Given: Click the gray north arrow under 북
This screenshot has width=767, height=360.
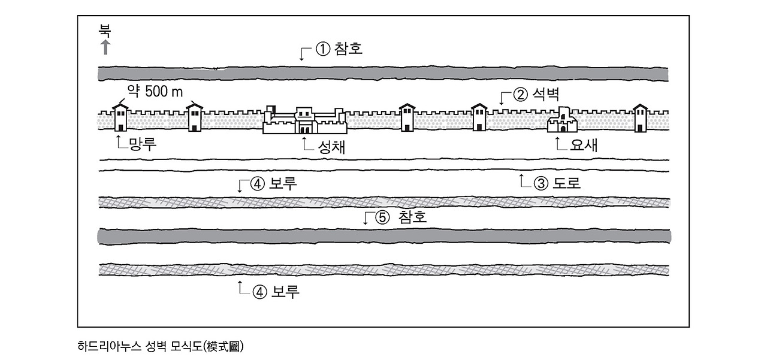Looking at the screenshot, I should pos(105,47).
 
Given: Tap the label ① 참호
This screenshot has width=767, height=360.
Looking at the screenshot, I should pos(339,49).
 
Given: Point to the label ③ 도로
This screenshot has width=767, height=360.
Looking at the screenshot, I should pos(557,183).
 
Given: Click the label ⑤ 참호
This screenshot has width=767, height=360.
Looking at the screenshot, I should pos(401,217).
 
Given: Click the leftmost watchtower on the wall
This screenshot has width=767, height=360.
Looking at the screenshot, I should pos(121,117).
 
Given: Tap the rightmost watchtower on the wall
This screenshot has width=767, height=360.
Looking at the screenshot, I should pos(641,117).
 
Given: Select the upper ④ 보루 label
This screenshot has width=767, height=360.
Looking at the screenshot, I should pos(274,184).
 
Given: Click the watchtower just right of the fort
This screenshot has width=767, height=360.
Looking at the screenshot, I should pos(407,117).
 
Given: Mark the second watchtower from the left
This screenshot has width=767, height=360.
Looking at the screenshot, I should pos(195,117).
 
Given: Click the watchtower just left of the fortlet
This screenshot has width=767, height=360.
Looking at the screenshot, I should pos(479,117).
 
